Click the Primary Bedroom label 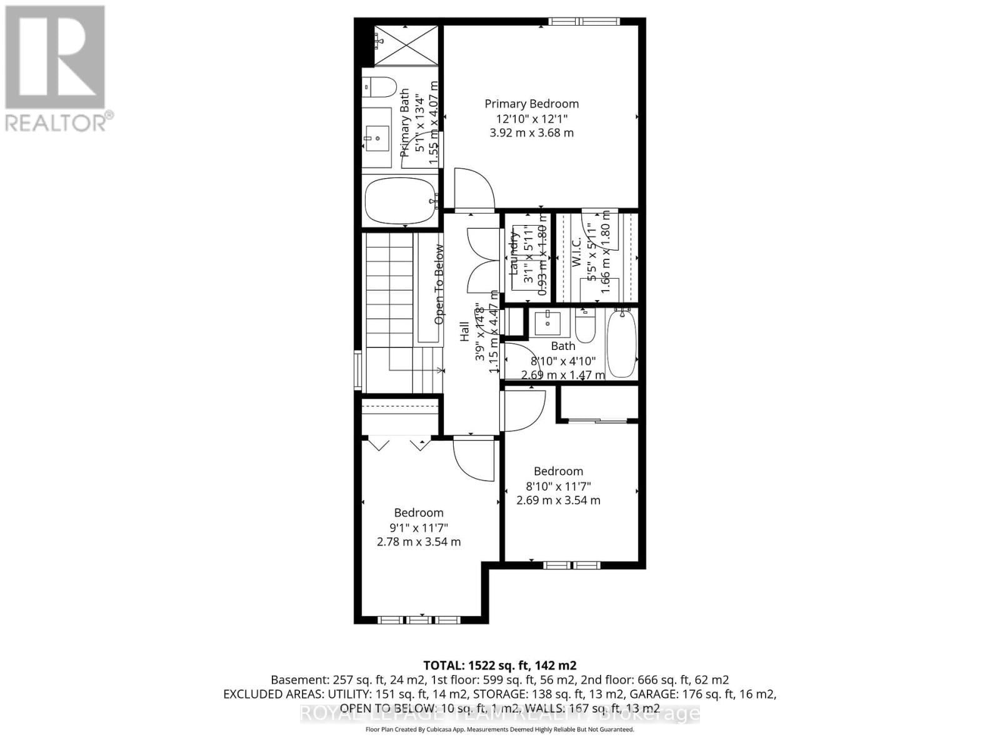click(532, 104)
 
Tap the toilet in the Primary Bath click(379, 87)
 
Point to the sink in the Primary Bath click(377, 137)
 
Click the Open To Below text click(439, 284)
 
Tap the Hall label click(464, 331)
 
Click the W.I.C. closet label click(577, 252)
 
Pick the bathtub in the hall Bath click(621, 344)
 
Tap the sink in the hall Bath click(549, 322)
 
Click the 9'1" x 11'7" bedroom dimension click(419, 527)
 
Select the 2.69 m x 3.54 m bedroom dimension click(558, 500)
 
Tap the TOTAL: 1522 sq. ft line click(499, 665)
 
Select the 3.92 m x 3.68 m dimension click(532, 132)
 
